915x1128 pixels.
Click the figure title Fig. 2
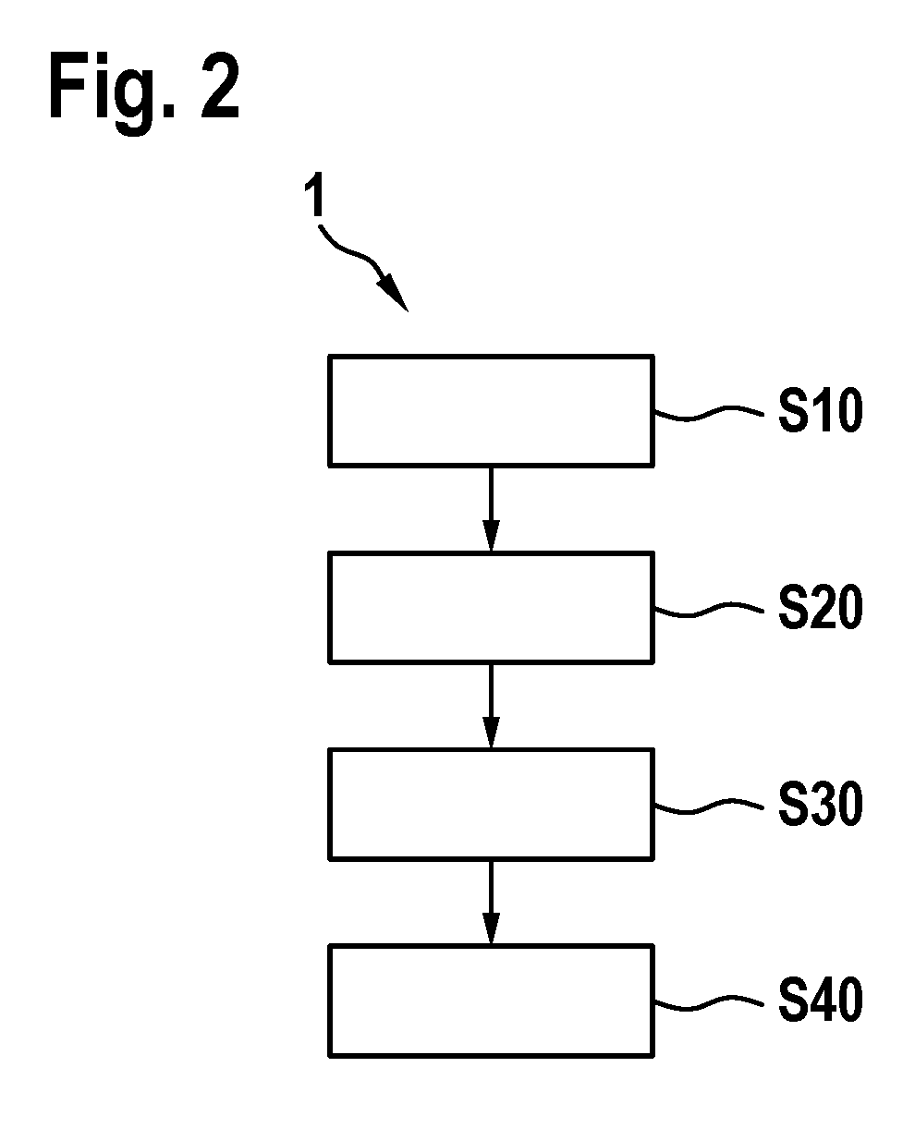tap(144, 92)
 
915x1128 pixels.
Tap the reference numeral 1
tap(315, 194)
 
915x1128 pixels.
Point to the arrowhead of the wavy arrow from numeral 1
tap(395, 293)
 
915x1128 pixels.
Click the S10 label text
tap(820, 410)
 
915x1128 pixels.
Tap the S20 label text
tap(820, 608)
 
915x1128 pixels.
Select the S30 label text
tap(820, 804)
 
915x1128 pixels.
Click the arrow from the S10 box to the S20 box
tap(491, 509)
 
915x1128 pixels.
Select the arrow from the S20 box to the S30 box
tap(491, 706)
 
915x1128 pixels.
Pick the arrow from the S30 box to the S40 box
tap(491, 903)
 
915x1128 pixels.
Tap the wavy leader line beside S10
tap(709, 414)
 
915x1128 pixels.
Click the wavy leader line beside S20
tap(709, 610)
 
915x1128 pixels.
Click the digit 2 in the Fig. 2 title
tap(220, 85)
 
